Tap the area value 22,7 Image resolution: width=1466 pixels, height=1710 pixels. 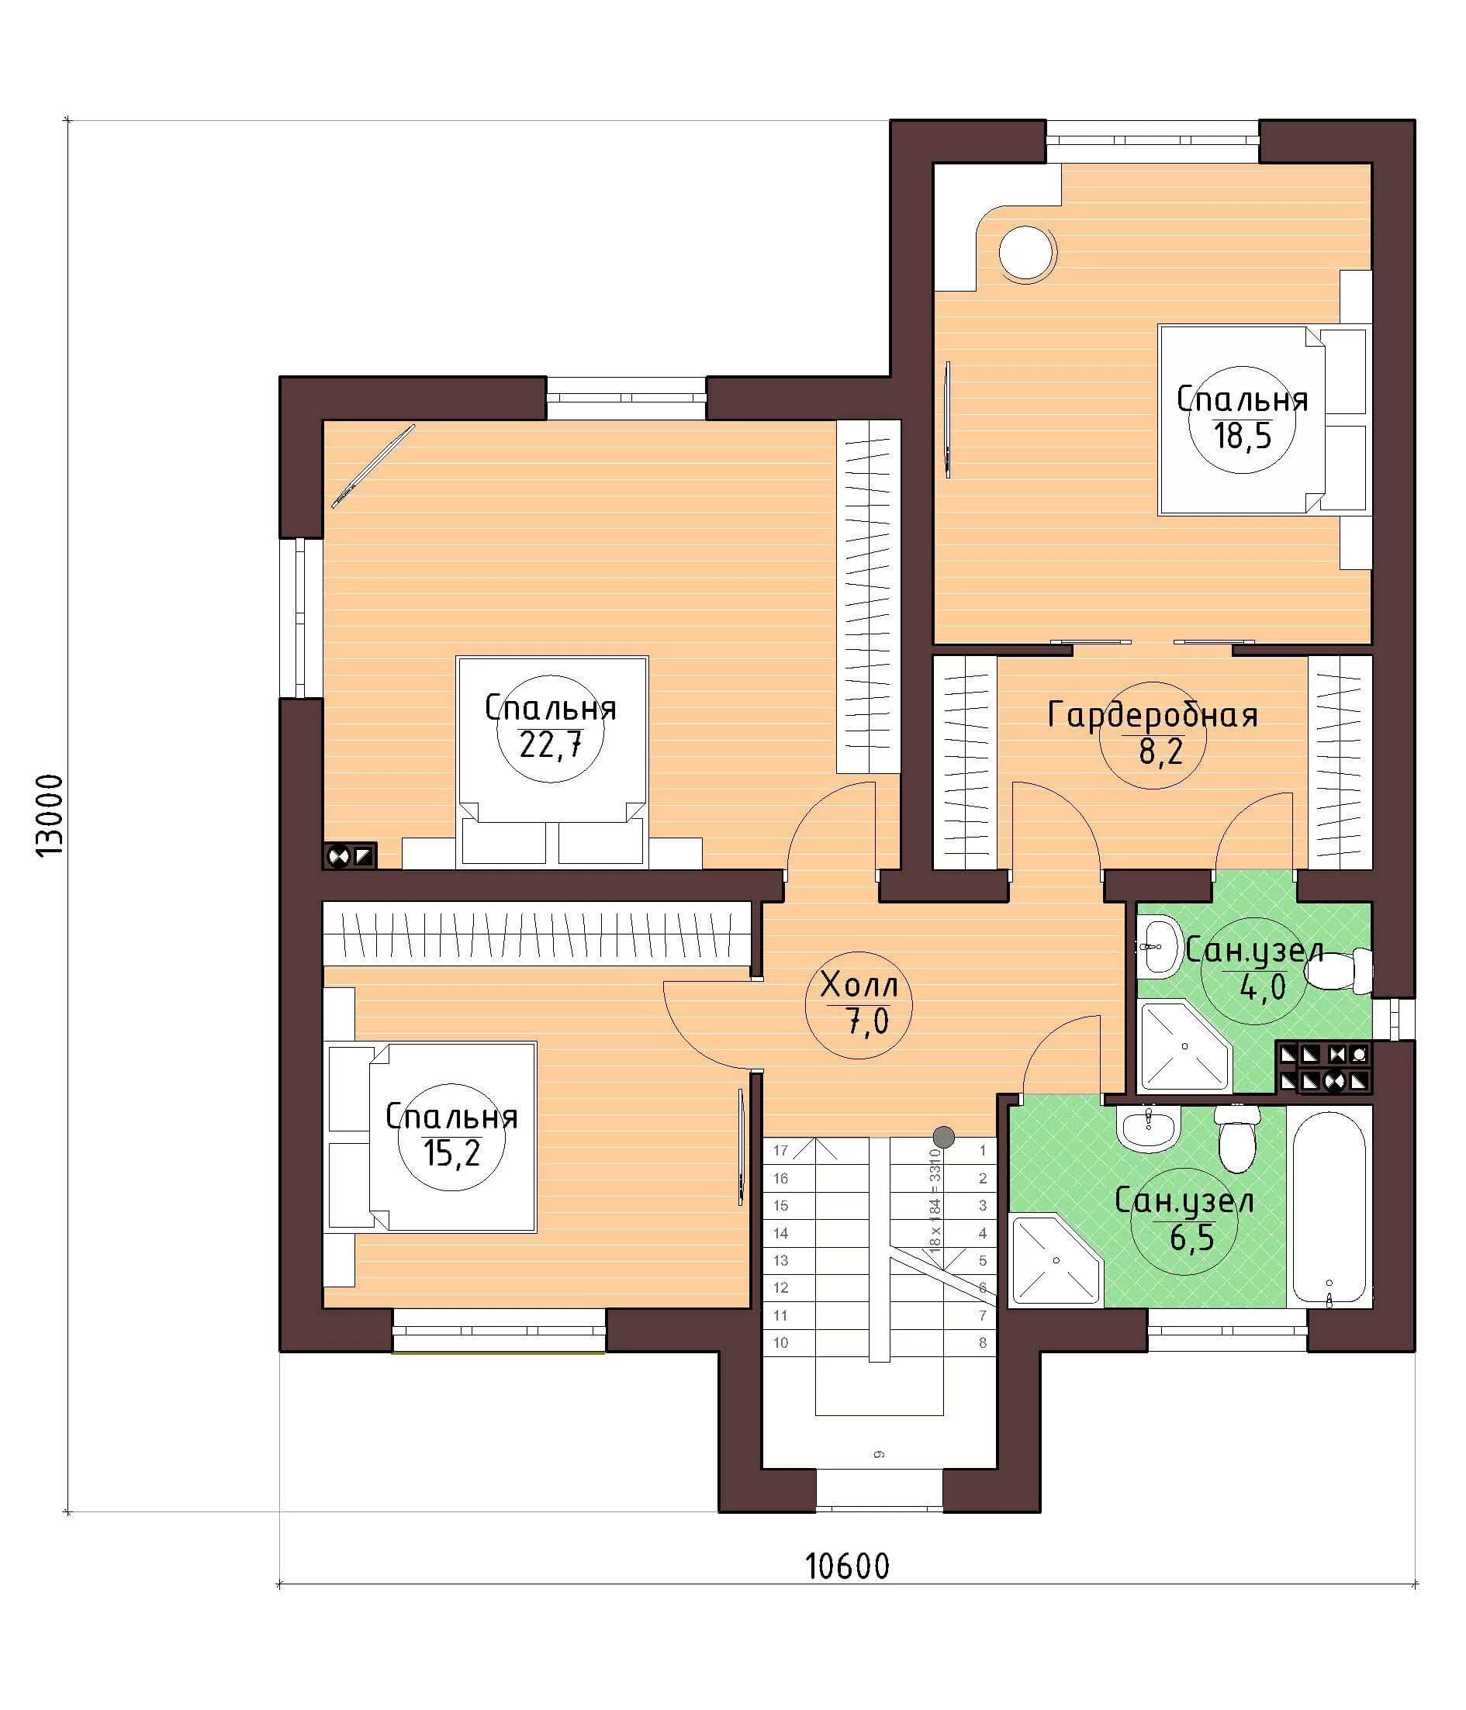click(x=551, y=746)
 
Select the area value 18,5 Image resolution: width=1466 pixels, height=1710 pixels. click(x=1242, y=437)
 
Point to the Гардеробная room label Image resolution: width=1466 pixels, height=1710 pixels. click(x=1153, y=715)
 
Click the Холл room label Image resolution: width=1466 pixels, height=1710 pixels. click(x=859, y=986)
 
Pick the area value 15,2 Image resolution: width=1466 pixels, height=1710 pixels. click(x=451, y=1153)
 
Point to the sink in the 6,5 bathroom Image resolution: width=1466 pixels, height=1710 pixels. click(x=1148, y=1127)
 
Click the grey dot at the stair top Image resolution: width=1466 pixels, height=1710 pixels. click(x=943, y=1136)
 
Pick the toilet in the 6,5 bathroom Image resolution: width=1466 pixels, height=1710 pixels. click(x=1236, y=1138)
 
